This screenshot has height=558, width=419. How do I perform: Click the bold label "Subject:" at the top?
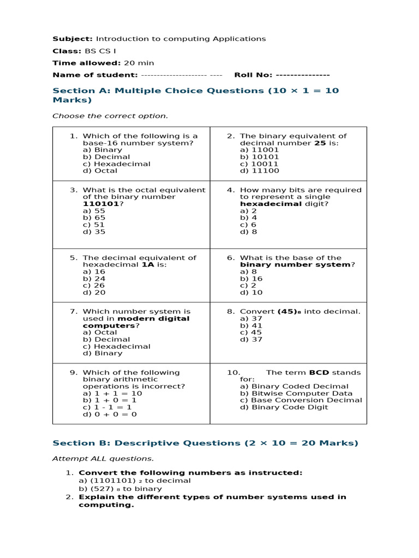(x=73, y=39)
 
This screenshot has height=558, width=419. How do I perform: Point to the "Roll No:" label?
(x=254, y=75)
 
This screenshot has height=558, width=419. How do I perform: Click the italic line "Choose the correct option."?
(x=110, y=116)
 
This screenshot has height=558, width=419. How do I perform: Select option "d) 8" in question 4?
(x=248, y=232)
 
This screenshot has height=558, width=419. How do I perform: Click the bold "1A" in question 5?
(x=148, y=265)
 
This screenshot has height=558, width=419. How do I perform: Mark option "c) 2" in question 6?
(x=248, y=285)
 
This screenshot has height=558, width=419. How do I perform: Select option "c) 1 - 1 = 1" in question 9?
(x=107, y=407)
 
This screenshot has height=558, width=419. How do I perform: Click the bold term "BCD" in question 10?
(x=319, y=373)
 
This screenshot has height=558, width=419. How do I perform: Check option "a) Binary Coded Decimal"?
(x=294, y=386)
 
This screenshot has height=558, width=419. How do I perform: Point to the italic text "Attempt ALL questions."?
(x=103, y=458)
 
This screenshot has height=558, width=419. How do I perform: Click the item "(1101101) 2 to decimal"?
(x=135, y=481)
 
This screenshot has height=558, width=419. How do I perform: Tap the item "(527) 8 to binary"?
(x=120, y=489)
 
